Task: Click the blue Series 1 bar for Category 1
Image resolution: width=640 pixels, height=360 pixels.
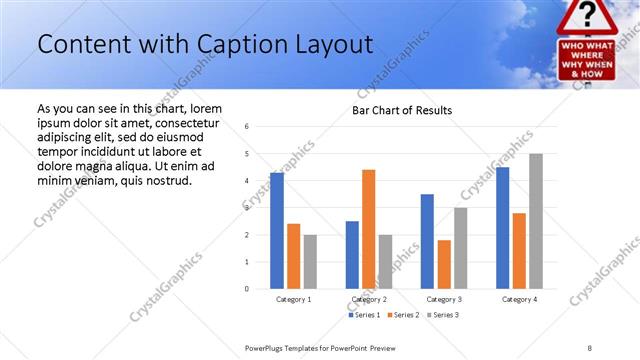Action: pos(277,231)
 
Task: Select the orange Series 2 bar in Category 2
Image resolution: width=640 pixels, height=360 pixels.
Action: pos(368,229)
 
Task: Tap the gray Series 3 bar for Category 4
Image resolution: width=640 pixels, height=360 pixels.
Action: pos(536,221)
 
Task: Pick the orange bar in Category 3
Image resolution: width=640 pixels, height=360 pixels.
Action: pos(444,264)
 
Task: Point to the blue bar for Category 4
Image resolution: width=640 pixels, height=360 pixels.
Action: pos(502,228)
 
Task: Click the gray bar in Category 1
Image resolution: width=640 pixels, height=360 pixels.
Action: pos(310,262)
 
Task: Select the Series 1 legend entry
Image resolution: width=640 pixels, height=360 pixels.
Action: pos(365,315)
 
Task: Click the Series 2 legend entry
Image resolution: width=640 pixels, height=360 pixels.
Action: pos(404,315)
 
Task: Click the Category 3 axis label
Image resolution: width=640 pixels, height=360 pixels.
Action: pos(444,299)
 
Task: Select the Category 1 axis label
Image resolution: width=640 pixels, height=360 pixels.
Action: pos(293,299)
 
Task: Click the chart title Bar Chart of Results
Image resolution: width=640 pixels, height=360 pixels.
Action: pos(402,110)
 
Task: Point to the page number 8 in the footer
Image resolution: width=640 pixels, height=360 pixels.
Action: pos(590,347)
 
